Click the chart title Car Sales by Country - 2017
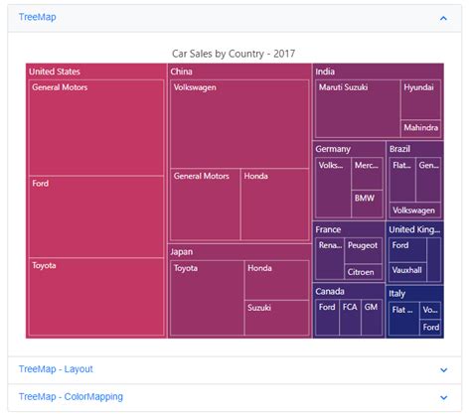(234, 54)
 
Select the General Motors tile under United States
(96, 127)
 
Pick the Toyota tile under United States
(96, 297)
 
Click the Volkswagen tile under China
(238, 123)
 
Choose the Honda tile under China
(275, 205)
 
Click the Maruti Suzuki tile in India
(357, 108)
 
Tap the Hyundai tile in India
(420, 99)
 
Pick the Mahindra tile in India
(420, 128)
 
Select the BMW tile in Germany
(367, 204)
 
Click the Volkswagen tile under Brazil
(414, 209)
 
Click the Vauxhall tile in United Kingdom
(406, 269)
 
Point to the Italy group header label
(397, 294)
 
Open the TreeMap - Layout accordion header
(56, 369)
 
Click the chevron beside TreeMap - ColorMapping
(443, 397)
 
